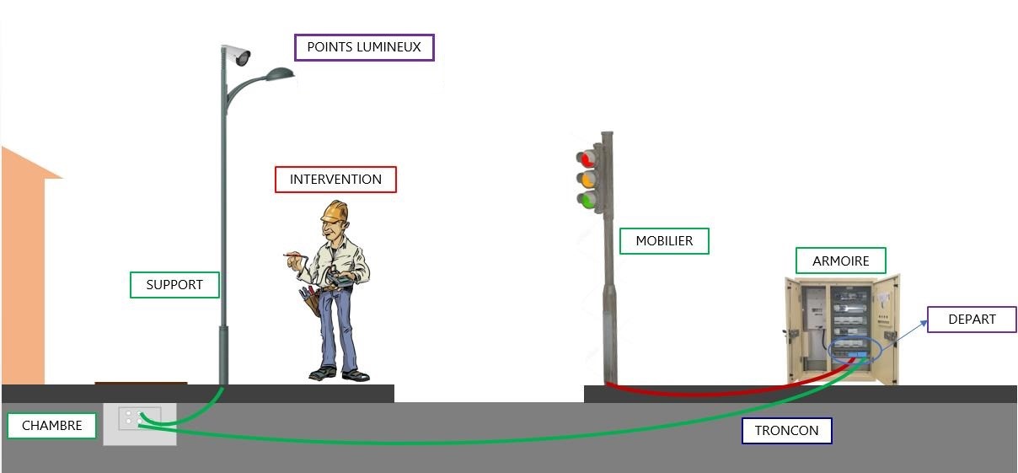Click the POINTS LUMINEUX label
tap(364, 47)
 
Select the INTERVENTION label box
tap(335, 180)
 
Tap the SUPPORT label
tap(174, 285)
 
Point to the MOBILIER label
tap(664, 241)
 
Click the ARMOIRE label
tap(840, 261)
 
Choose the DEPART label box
tap(972, 320)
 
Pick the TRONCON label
tap(786, 431)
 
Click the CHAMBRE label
tap(52, 426)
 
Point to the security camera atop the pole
tap(238, 56)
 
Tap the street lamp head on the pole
tap(277, 76)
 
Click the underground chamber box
tap(139, 424)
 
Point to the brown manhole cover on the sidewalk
tap(141, 383)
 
